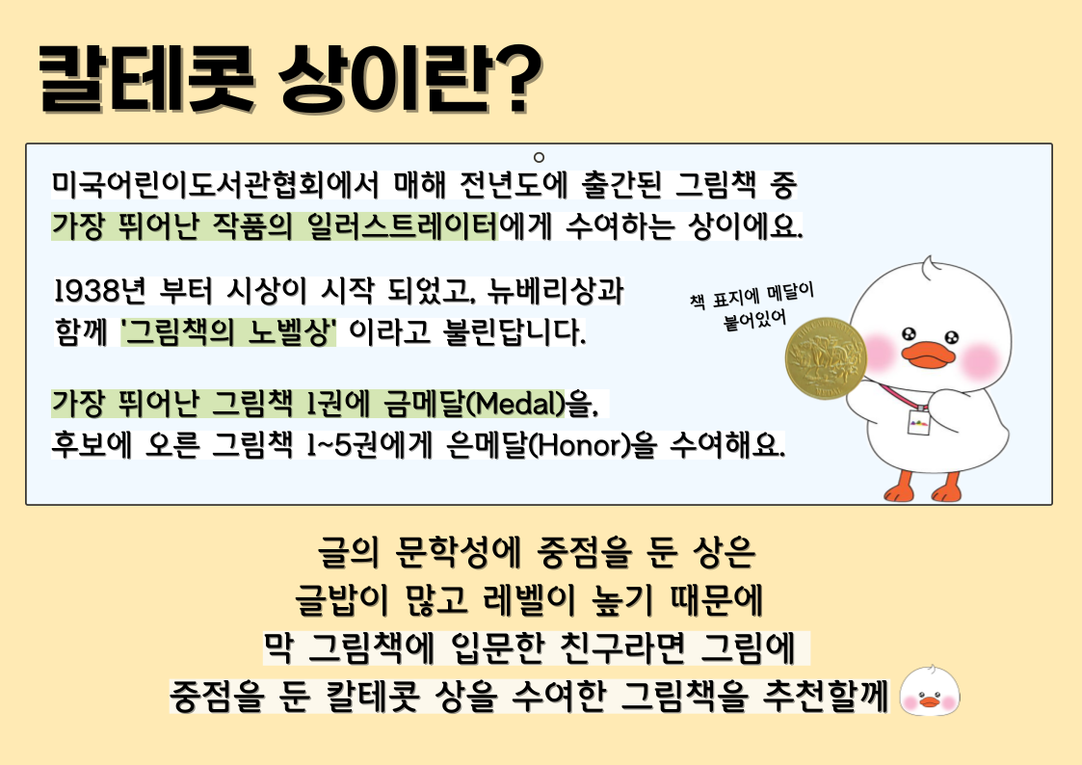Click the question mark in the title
click(x=515, y=78)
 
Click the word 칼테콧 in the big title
click(x=145, y=78)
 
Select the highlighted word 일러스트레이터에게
click(x=429, y=225)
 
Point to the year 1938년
click(x=99, y=291)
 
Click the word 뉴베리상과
click(x=555, y=291)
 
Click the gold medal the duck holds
click(x=826, y=357)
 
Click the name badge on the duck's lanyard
click(x=918, y=419)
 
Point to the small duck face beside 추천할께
click(x=930, y=691)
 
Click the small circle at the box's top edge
click(x=539, y=157)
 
